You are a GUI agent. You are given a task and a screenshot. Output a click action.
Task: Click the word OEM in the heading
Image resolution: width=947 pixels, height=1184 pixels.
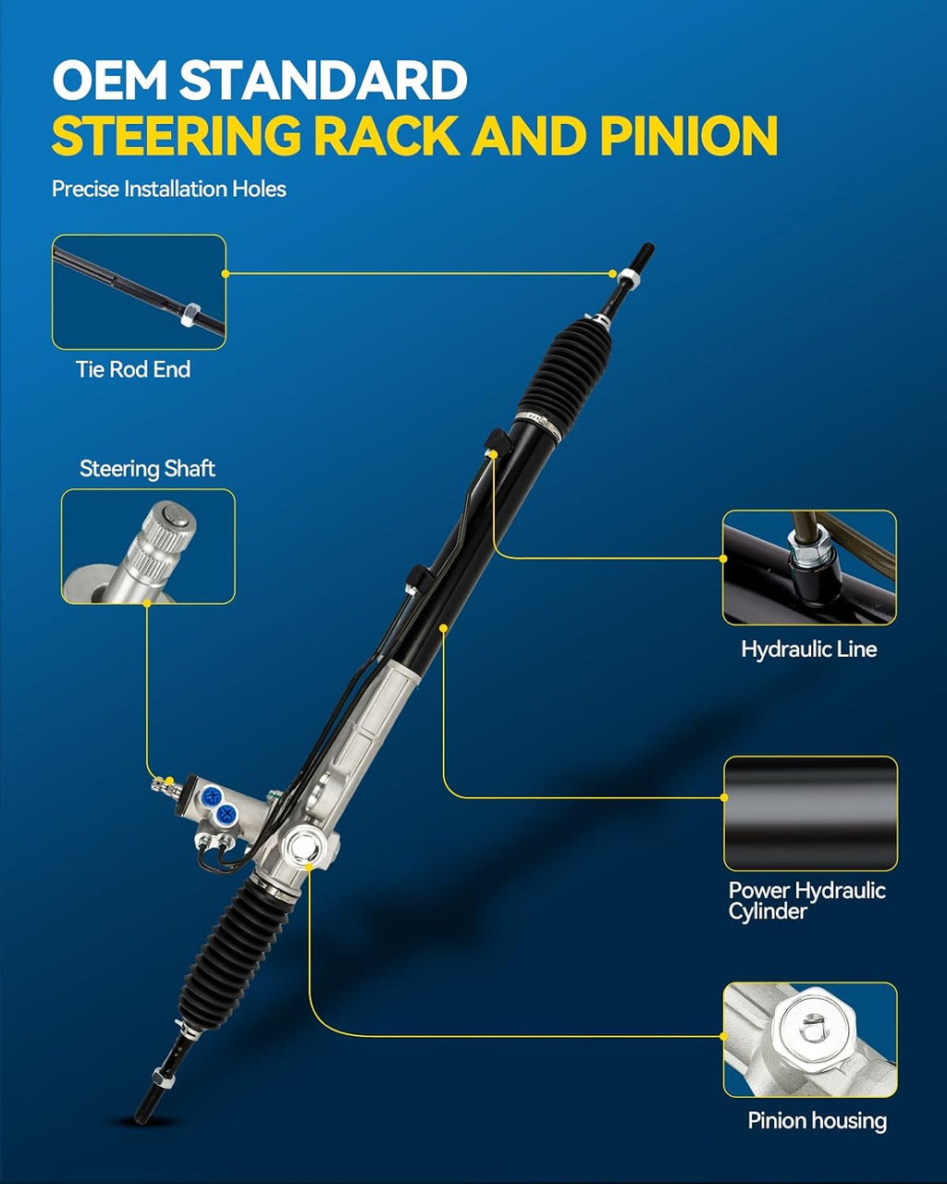pos(110,80)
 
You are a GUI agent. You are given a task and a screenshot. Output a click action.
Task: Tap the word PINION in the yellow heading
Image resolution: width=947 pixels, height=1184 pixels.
pos(688,135)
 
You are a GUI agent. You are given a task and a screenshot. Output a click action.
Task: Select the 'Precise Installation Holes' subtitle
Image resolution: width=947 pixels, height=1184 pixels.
pos(169,189)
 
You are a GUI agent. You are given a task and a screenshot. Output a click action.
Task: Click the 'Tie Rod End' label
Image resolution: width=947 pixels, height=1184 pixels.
pos(133,369)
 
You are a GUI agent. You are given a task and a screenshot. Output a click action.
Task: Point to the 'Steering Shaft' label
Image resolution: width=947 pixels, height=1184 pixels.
pos(147,469)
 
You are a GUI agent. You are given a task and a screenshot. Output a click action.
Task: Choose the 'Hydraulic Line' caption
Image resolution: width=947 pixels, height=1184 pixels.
pos(809,649)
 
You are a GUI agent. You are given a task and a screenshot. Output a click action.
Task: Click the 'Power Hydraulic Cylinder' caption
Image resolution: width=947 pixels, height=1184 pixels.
pos(806,901)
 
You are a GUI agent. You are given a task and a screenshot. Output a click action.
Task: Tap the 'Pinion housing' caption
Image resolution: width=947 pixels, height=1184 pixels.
pos(818,1121)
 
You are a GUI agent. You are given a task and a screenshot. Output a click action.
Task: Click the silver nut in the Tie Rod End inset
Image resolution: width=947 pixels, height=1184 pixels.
pos(190,314)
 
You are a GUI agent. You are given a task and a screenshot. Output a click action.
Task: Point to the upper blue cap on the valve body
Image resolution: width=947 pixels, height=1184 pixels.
pos(212,795)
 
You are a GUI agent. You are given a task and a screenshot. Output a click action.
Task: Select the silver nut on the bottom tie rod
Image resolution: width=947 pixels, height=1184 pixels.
pos(164,1079)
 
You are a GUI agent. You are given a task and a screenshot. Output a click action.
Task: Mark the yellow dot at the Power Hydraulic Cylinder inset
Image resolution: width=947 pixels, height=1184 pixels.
pos(723,797)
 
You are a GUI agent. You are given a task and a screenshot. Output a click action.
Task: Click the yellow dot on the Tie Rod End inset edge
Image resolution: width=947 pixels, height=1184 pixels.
pos(225,274)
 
